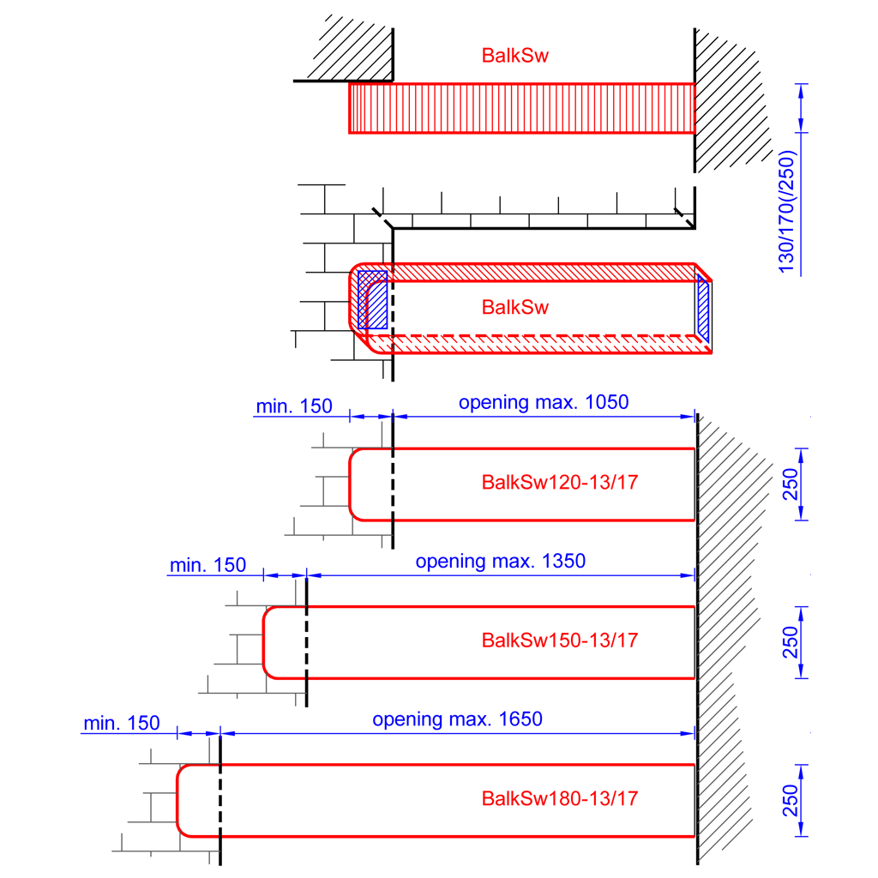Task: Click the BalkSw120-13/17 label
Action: [560, 482]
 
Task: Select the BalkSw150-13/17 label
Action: [560, 640]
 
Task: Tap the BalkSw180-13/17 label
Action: [560, 799]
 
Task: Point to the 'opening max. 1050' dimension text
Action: [544, 402]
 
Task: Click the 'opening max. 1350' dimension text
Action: [500, 562]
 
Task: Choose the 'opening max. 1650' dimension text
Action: [457, 719]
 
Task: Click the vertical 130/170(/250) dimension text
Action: [788, 212]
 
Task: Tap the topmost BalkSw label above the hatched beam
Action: [514, 56]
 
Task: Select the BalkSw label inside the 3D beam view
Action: [514, 307]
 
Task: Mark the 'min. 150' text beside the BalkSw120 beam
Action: [293, 406]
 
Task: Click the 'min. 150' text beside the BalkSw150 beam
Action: [207, 565]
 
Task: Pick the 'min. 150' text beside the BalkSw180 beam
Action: [121, 724]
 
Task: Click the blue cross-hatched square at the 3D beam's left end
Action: [372, 299]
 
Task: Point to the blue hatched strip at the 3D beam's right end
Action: [703, 309]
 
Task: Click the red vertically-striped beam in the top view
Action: [521, 108]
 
